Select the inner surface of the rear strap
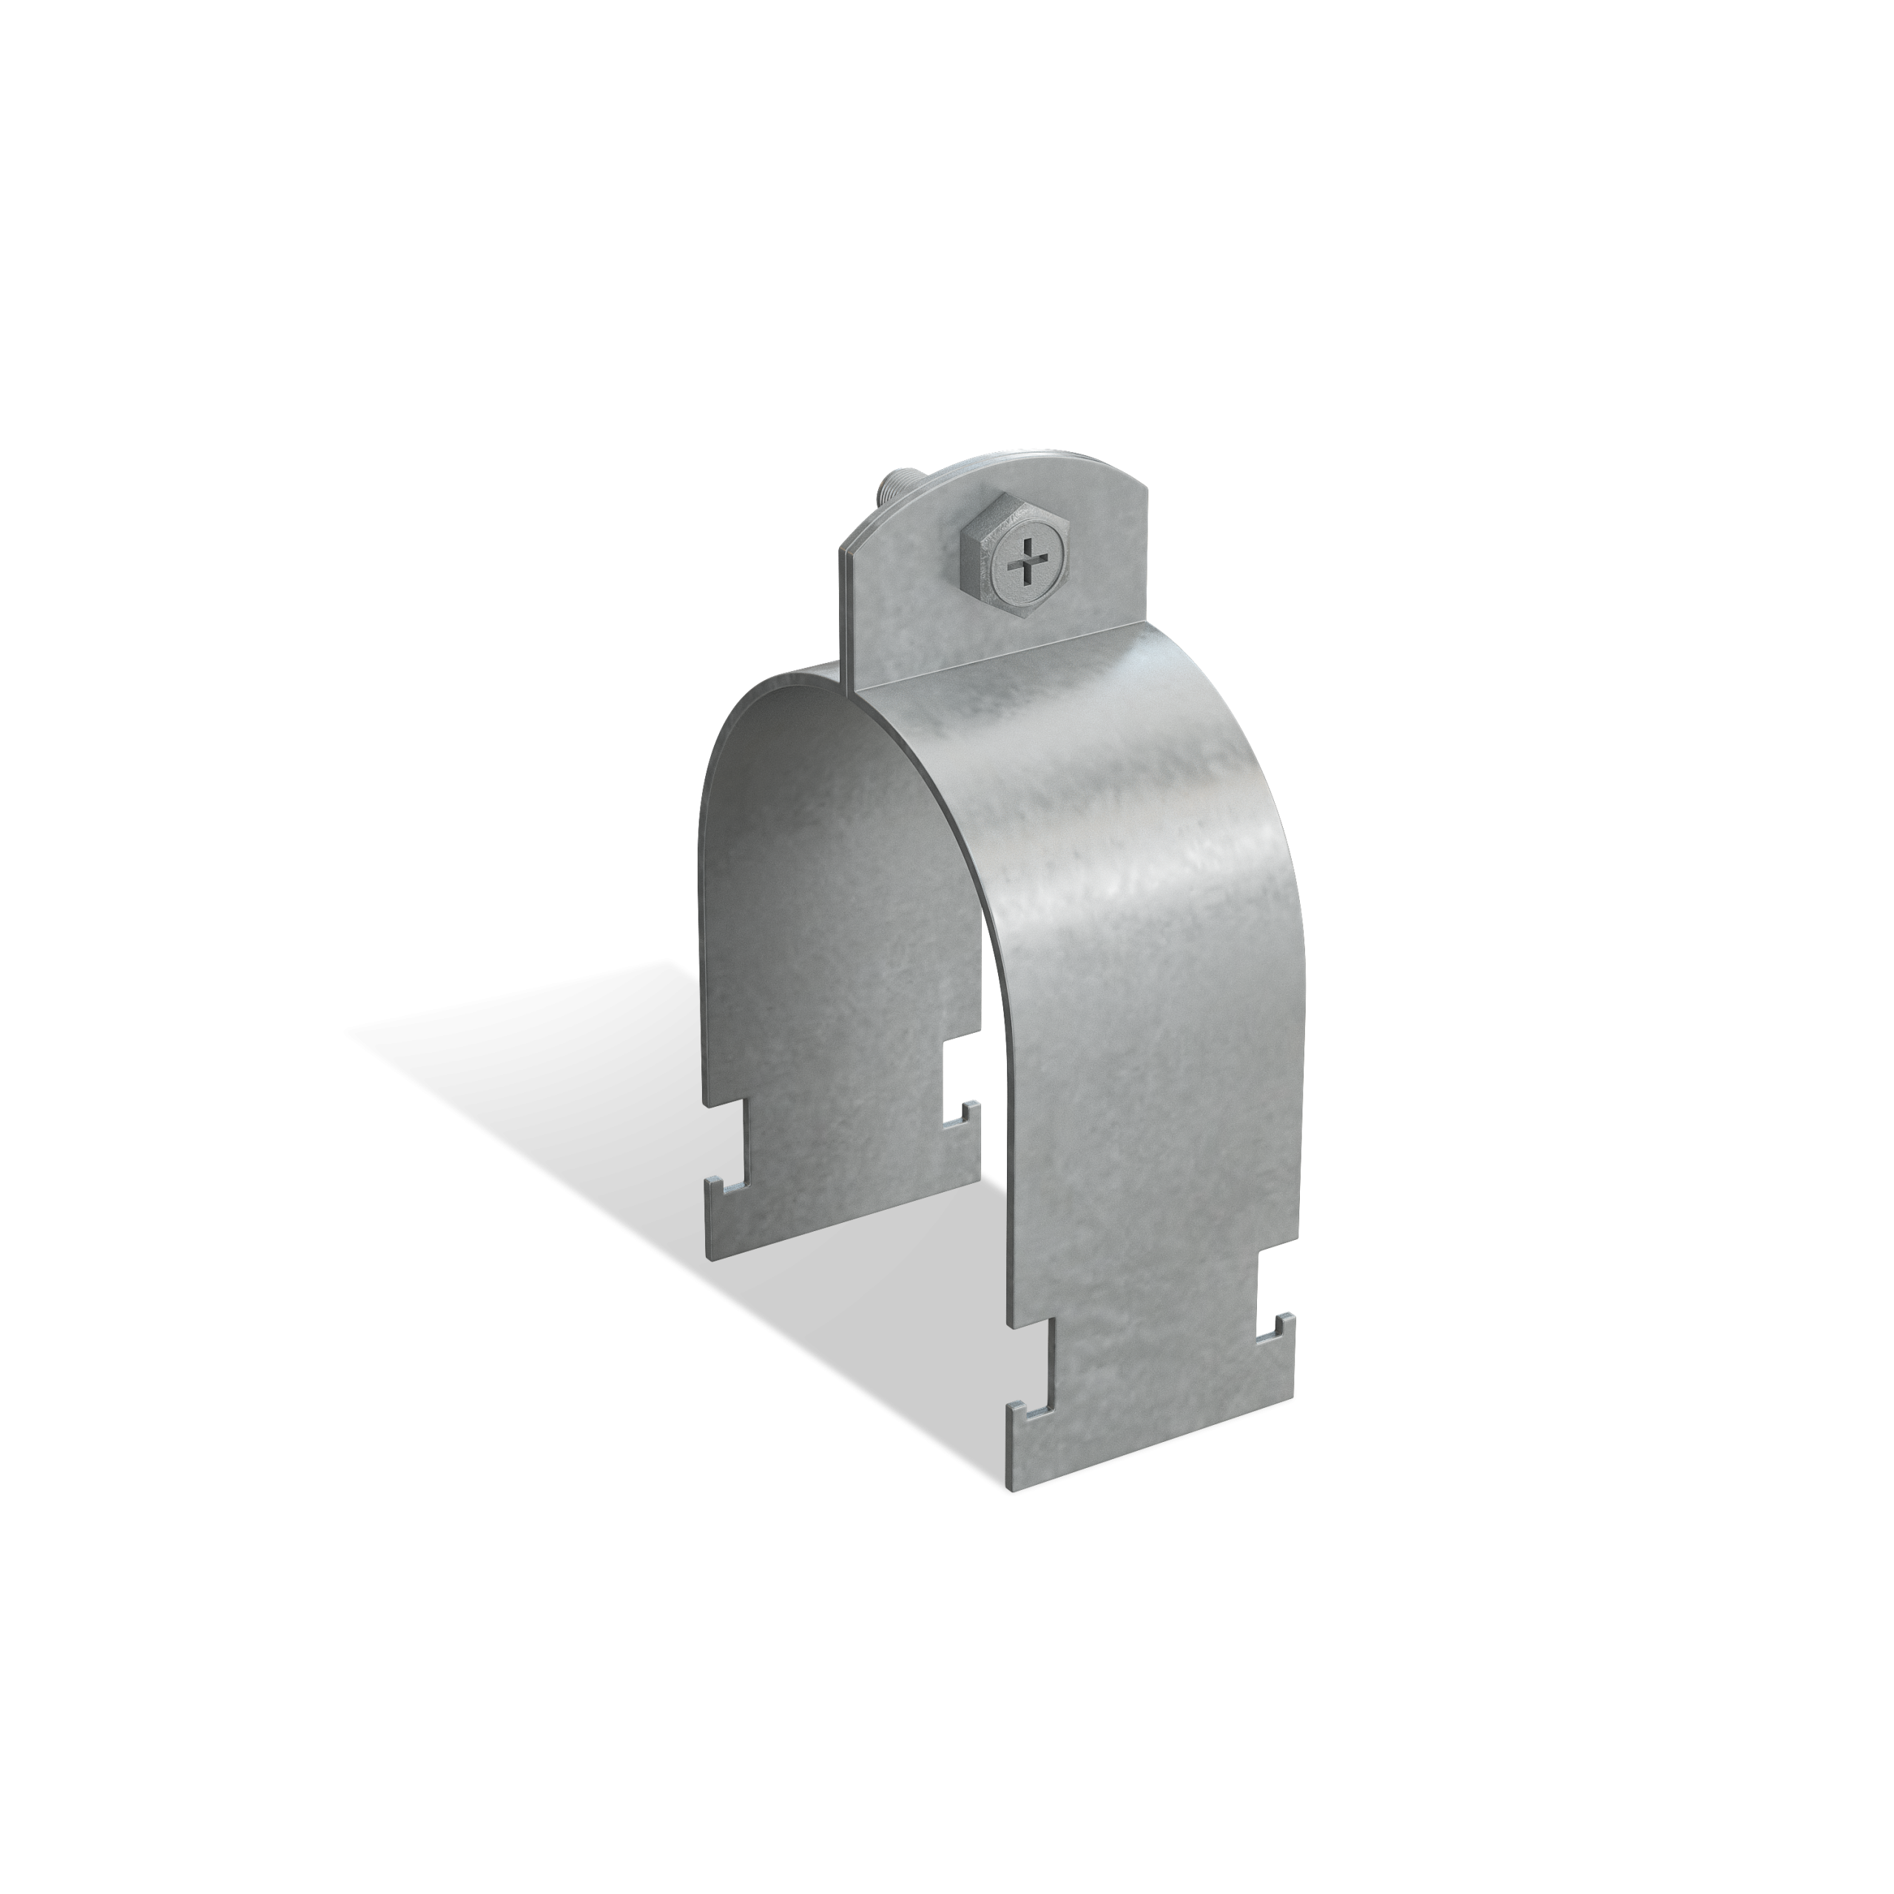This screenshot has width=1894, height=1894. coord(833,883)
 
